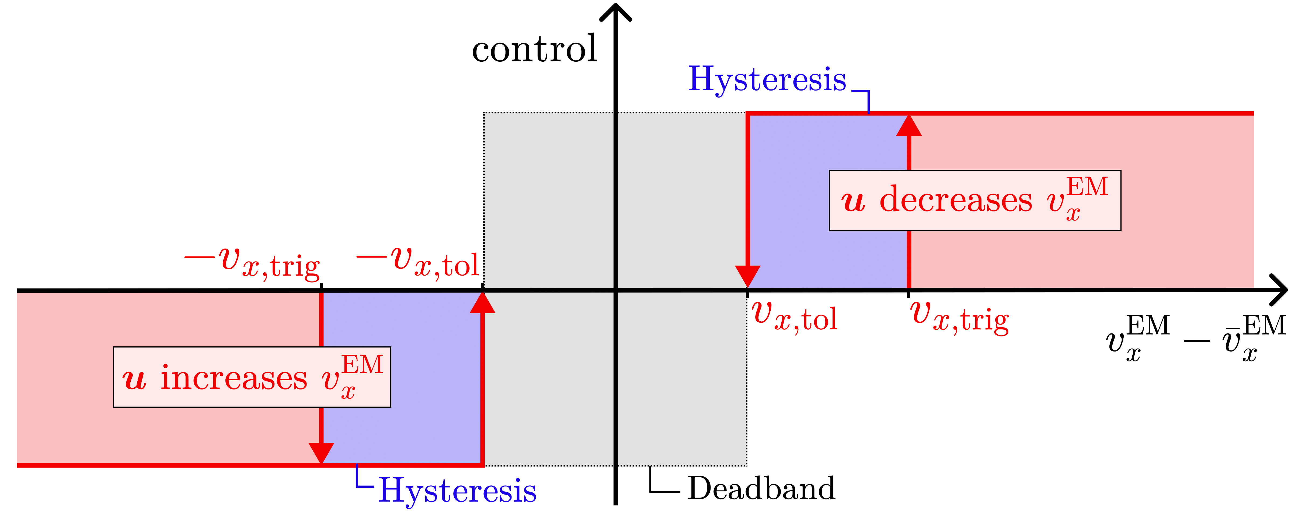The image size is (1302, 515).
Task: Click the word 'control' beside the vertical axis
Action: pyautogui.click(x=534, y=50)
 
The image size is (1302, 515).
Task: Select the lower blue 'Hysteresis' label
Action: pyautogui.click(x=457, y=490)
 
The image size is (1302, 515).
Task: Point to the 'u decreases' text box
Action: pyautogui.click(x=974, y=201)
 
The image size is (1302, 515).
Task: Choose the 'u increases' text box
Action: pyautogui.click(x=252, y=377)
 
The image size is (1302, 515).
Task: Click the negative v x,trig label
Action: pyautogui.click(x=252, y=262)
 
